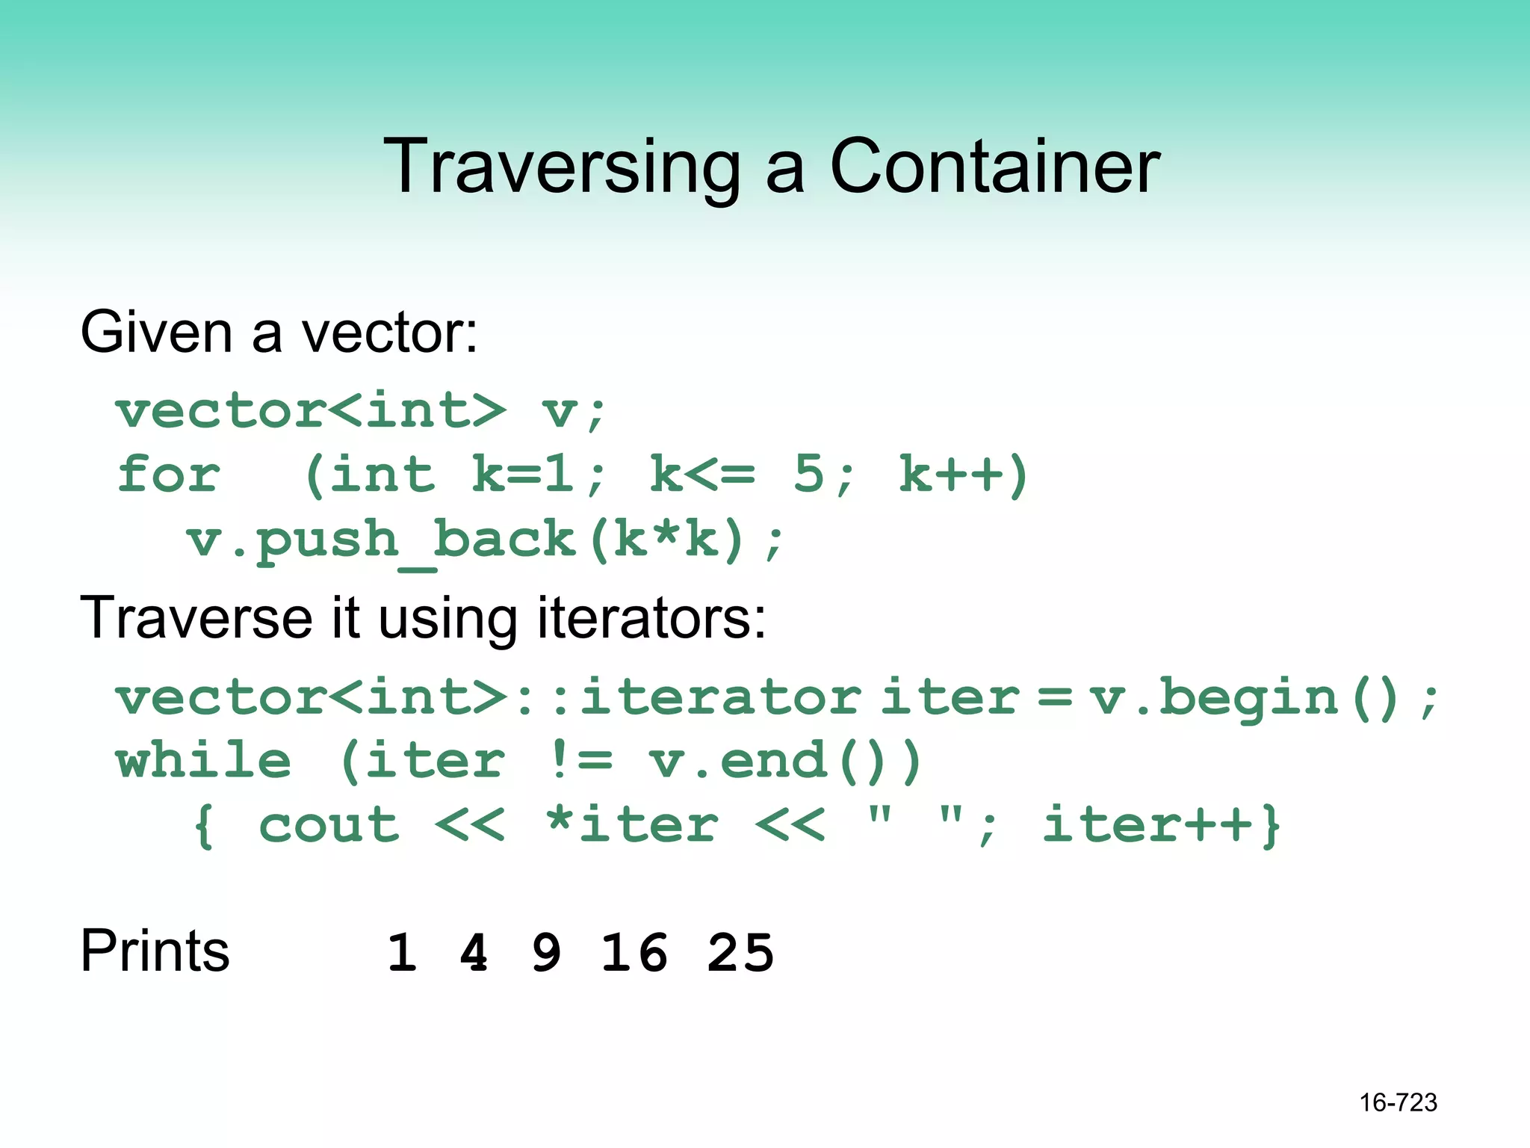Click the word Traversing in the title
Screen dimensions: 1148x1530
(x=561, y=167)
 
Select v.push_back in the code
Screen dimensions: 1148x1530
(x=382, y=540)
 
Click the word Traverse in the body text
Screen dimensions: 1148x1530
(x=196, y=618)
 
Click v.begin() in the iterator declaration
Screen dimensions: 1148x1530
(x=1243, y=698)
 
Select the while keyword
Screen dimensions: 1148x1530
(x=203, y=761)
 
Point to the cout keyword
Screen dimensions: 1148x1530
(x=329, y=825)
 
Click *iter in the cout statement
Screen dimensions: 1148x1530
(x=632, y=825)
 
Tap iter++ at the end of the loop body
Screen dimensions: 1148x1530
(x=1147, y=825)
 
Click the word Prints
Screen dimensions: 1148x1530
(x=155, y=951)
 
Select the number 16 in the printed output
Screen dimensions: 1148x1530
(x=634, y=954)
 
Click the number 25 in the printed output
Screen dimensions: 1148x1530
(x=740, y=954)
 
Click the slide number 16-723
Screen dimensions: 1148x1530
(x=1398, y=1102)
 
